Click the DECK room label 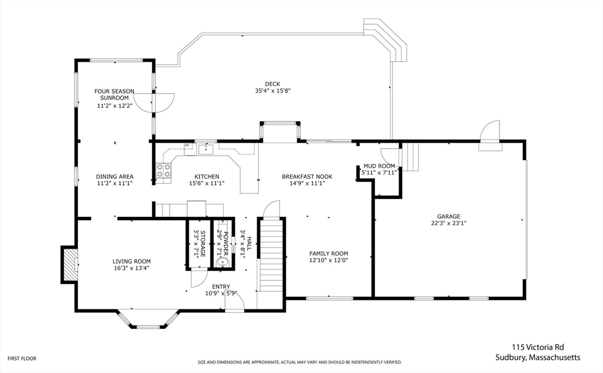click(272, 84)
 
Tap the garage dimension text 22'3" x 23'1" click(448, 223)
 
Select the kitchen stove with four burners click(164, 171)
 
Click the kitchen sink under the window click(206, 149)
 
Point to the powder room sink click(222, 263)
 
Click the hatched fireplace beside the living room click(70, 265)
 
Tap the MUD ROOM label click(379, 166)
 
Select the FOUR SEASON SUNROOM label click(114, 95)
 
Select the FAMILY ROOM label click(329, 253)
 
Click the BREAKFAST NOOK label click(307, 177)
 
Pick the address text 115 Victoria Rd click(538, 347)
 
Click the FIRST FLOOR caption click(22, 358)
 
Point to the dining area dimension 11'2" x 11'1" click(115, 183)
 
